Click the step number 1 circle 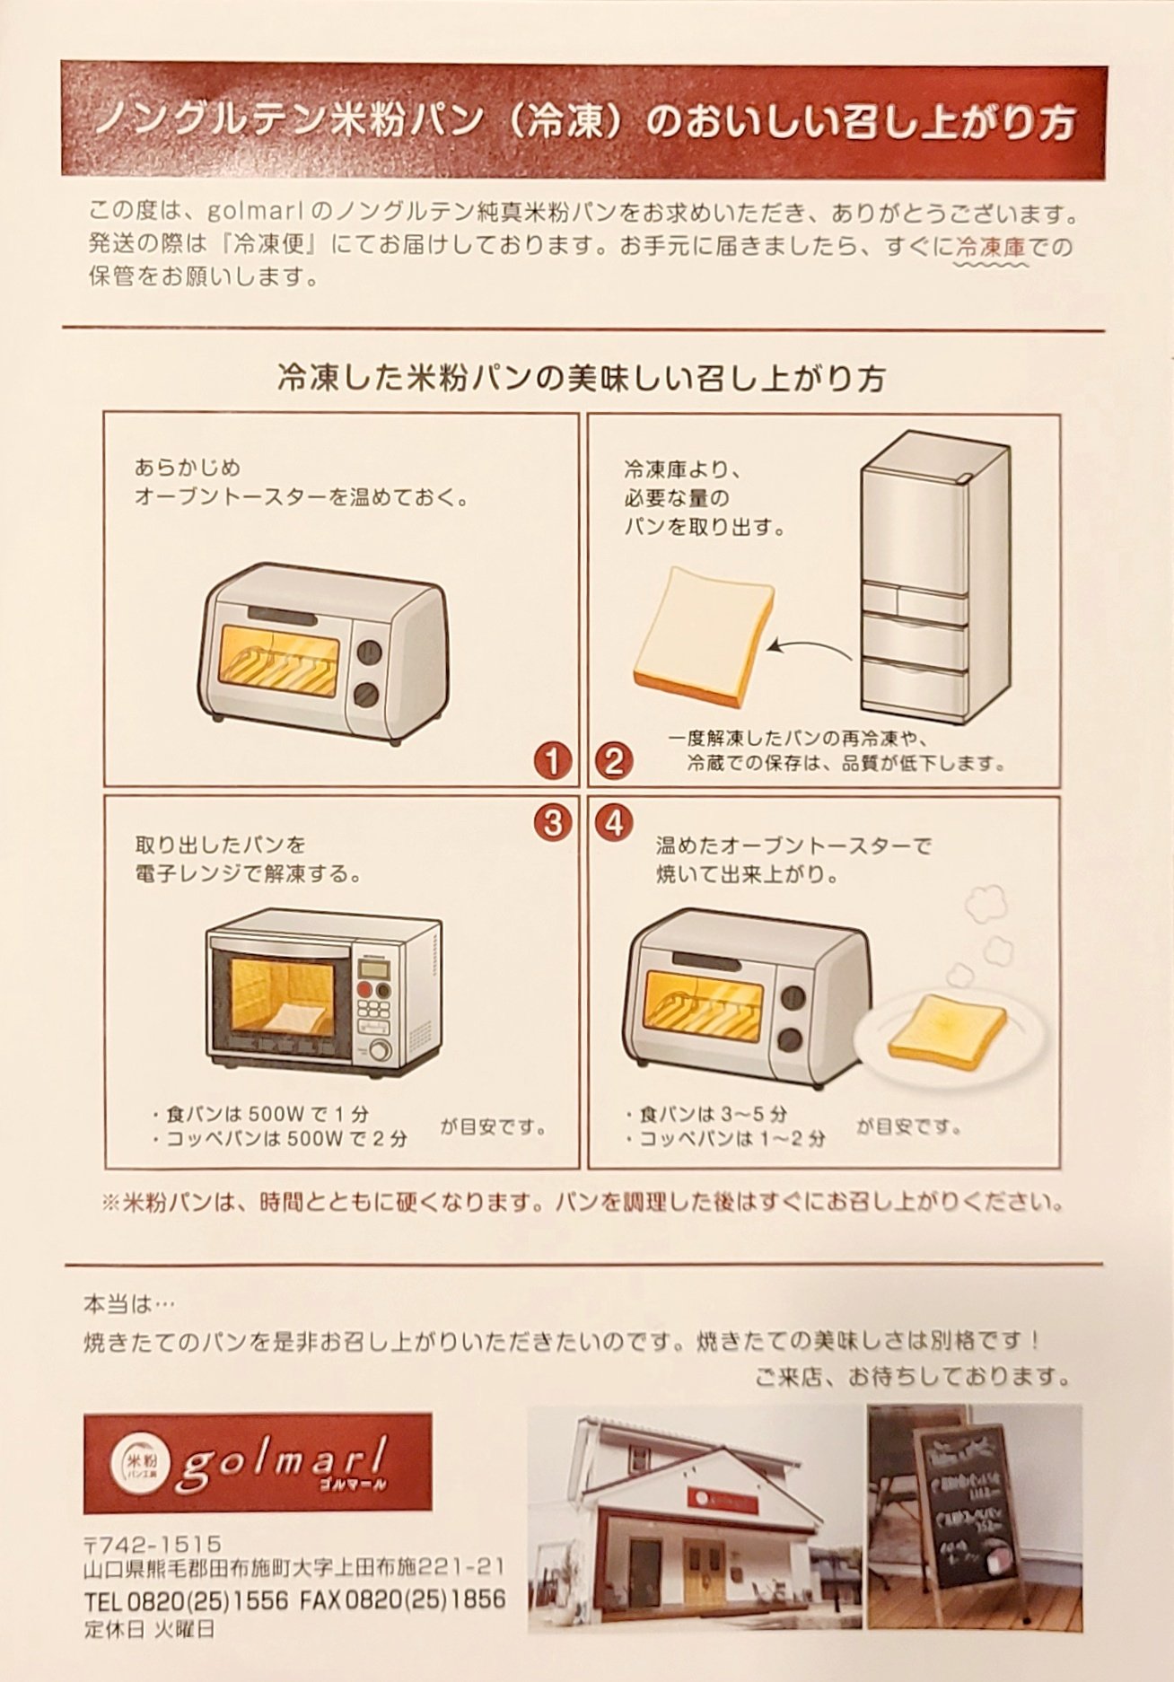pyautogui.click(x=552, y=762)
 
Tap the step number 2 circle pyautogui.click(x=614, y=762)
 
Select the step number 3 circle pyautogui.click(x=552, y=822)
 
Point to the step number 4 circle pyautogui.click(x=614, y=822)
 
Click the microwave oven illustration pyautogui.click(x=323, y=996)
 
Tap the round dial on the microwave pyautogui.click(x=380, y=1049)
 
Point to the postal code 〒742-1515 pyautogui.click(x=153, y=1544)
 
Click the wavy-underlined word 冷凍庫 pyautogui.click(x=991, y=245)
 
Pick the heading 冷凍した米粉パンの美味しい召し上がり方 pyautogui.click(x=582, y=379)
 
